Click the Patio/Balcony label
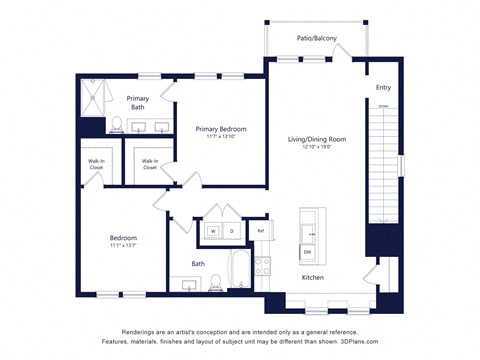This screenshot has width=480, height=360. pyautogui.click(x=316, y=38)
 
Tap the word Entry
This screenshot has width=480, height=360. pyautogui.click(x=383, y=88)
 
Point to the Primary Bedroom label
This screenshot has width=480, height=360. pyautogui.click(x=221, y=129)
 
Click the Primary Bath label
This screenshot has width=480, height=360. pyautogui.click(x=138, y=102)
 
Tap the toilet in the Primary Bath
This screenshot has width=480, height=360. pyautogui.click(x=117, y=125)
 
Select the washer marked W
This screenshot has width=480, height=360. pyautogui.click(x=212, y=231)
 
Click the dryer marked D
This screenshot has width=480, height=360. pyautogui.click(x=231, y=231)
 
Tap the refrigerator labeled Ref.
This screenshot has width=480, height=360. pyautogui.click(x=260, y=231)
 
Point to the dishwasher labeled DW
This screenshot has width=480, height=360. pyautogui.click(x=308, y=251)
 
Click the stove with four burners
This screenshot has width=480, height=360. pyautogui.click(x=263, y=267)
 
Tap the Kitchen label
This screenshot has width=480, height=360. pyautogui.click(x=313, y=277)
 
